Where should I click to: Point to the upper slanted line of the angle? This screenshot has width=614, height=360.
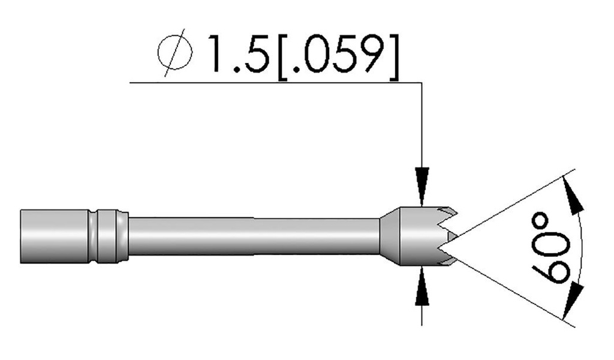(x=510, y=207)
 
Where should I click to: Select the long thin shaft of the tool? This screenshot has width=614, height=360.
(x=252, y=236)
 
